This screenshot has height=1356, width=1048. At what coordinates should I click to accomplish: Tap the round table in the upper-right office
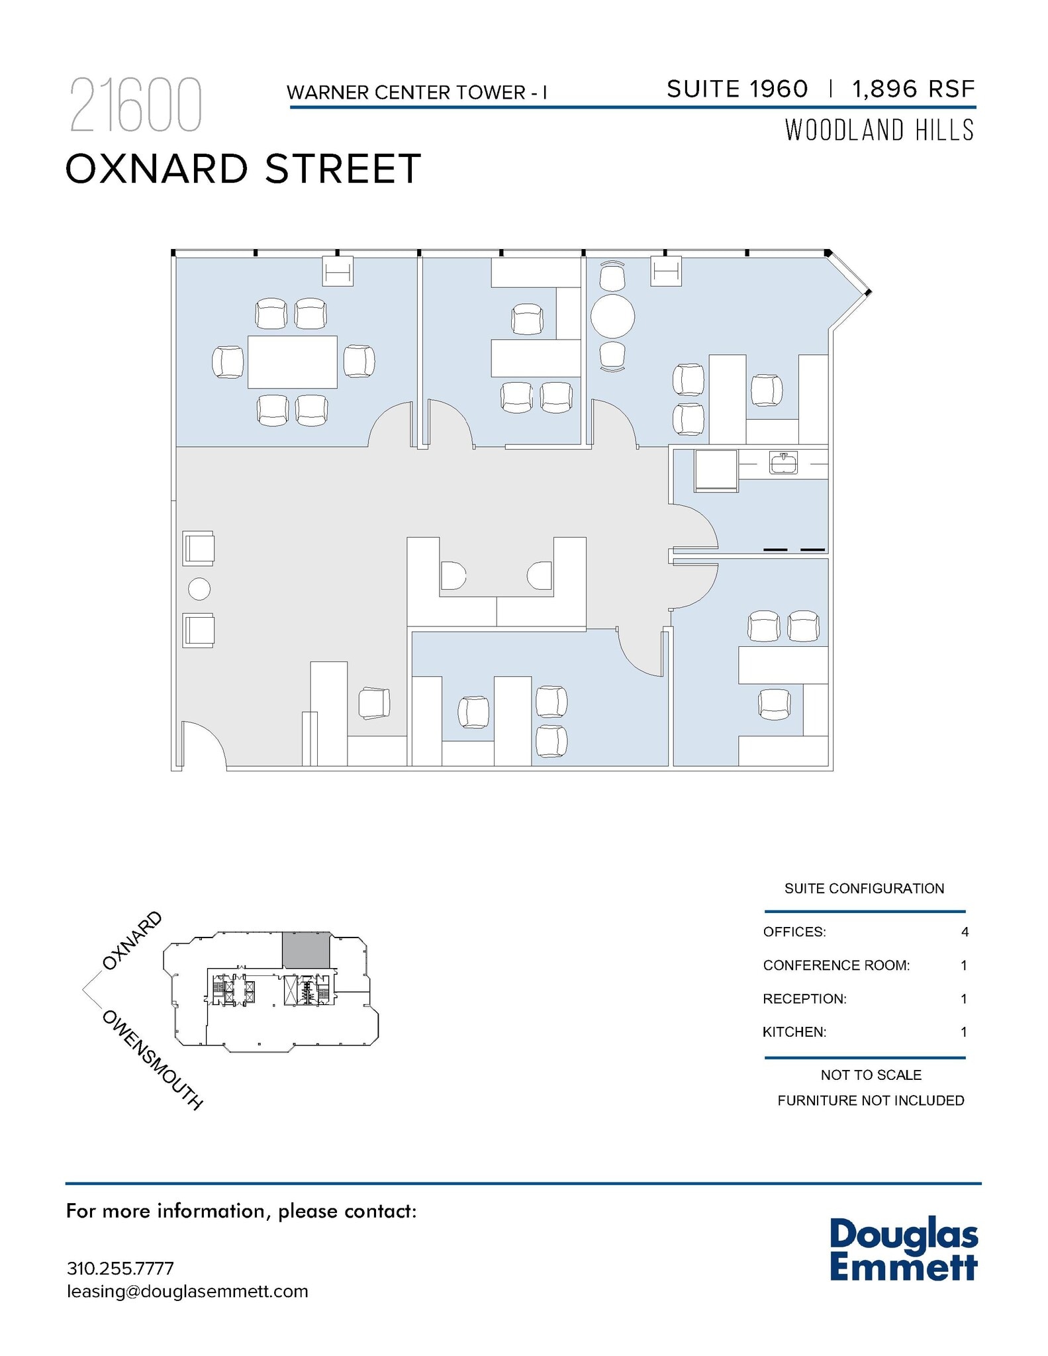(612, 316)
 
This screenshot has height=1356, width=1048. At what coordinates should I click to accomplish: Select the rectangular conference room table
(292, 362)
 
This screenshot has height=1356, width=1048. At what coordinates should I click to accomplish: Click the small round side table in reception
(199, 589)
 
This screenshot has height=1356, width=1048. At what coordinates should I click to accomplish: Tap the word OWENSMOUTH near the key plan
(152, 1059)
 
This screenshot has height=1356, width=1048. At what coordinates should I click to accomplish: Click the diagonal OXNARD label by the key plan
(132, 941)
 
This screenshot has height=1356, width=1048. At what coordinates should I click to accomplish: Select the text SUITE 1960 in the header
(737, 89)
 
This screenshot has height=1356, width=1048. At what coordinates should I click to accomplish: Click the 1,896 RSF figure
(914, 89)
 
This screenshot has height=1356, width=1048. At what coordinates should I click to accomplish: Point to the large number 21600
(135, 106)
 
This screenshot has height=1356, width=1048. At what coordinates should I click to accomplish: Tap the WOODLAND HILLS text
(879, 130)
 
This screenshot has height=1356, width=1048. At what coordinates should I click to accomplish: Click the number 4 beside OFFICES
(965, 932)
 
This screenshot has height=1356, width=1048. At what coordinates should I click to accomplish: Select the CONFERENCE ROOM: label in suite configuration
(836, 965)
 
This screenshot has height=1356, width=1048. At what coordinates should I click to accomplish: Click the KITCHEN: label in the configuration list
(794, 1032)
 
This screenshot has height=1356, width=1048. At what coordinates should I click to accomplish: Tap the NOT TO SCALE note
(871, 1075)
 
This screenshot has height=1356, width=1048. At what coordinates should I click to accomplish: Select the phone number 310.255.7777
(120, 1269)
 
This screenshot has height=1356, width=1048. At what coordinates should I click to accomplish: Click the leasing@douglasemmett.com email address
(187, 1291)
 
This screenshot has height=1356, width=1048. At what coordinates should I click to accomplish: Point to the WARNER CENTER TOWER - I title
(417, 93)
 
